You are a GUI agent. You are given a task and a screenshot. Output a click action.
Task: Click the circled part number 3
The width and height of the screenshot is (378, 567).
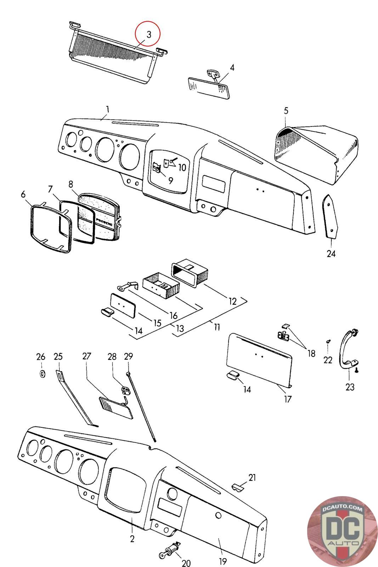[148, 34]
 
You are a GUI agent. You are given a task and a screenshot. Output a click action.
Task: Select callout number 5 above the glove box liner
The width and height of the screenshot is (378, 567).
[286, 111]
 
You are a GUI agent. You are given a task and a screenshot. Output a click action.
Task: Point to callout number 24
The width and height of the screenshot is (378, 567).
[331, 254]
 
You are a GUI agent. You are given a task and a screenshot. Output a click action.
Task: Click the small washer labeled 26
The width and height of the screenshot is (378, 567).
[42, 374]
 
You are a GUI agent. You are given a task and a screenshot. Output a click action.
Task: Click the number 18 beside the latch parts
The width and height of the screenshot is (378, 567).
[311, 353]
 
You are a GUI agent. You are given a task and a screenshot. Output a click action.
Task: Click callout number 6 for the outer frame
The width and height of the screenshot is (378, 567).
[23, 194]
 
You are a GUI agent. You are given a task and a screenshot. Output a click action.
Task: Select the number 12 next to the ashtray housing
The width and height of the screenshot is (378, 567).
[232, 301]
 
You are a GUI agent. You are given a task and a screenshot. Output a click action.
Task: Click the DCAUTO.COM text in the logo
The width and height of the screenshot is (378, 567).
[343, 510]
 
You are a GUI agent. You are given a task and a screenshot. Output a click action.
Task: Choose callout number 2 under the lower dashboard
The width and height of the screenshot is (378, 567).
[132, 539]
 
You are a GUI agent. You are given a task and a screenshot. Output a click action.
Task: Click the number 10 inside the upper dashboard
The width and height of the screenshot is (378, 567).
[182, 167]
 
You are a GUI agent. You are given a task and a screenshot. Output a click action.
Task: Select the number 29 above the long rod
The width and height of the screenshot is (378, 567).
[128, 356]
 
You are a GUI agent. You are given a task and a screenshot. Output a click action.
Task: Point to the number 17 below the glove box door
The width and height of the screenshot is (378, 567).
[287, 399]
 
